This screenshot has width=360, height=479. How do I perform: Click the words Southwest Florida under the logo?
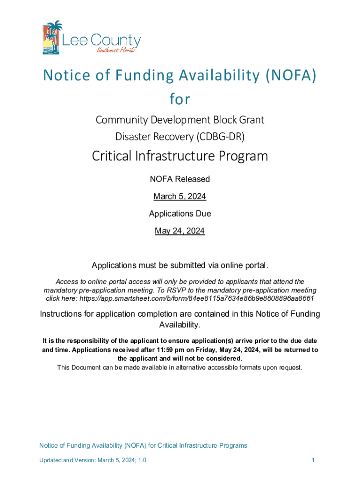coord(116,50)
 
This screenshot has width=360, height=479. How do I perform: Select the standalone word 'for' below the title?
coord(180,99)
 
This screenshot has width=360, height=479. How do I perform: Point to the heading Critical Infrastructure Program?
coord(180,156)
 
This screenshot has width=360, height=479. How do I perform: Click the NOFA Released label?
coord(180,179)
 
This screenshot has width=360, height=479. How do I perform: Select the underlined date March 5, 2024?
coord(180,196)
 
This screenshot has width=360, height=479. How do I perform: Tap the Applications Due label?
coord(180,214)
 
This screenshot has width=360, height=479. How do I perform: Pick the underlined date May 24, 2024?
coord(180,231)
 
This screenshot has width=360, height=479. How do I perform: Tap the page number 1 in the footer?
coord(313,461)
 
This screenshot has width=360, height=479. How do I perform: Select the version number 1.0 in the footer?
coord(142,461)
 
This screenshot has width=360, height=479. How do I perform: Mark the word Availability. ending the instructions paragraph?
coord(180,325)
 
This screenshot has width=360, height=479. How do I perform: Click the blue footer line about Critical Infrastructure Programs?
coord(143,446)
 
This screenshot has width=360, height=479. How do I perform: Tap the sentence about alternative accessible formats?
coord(180,368)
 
